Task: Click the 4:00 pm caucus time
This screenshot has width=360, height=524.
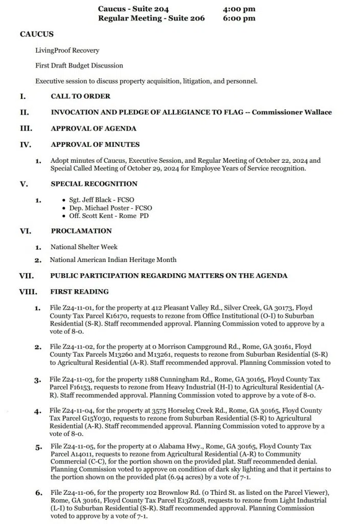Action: point(239,9)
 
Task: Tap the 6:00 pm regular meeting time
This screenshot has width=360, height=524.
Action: point(239,18)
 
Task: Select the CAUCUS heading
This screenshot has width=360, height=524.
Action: point(36,34)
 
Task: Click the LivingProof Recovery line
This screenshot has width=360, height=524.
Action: point(67,51)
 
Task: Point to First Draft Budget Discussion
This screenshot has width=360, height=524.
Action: point(79,65)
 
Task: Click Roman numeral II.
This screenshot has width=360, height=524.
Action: point(22,112)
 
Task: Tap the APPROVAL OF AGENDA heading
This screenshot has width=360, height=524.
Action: point(93,128)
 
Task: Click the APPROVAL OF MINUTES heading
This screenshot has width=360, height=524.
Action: point(95,144)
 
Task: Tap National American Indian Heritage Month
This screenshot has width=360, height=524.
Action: point(113,260)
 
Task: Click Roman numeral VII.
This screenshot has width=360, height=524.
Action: point(26,276)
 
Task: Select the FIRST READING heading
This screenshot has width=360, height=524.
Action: point(79,292)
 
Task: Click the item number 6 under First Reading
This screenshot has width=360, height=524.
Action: point(38,493)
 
